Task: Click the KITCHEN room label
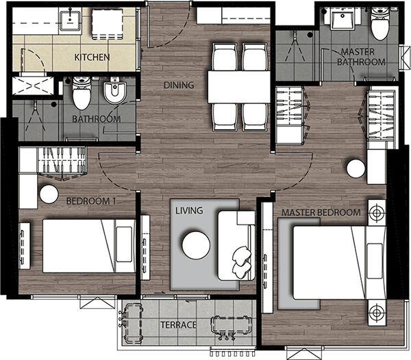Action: [92, 57]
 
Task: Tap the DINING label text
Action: [179, 85]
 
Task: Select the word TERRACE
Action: [178, 325]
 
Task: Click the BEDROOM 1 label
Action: [91, 201]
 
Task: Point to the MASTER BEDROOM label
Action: [321, 212]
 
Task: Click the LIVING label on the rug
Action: [189, 210]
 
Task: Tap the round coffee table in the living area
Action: [196, 245]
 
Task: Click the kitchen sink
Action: [70, 19]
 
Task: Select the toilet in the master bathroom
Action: [380, 23]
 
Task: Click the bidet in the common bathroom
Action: [115, 92]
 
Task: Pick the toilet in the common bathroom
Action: [82, 93]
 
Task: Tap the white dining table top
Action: [239, 87]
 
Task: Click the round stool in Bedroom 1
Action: [49, 194]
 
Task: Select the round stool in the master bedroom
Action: [356, 169]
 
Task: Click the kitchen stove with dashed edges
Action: [108, 24]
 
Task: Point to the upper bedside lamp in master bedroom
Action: [377, 213]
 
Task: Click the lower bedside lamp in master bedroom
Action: [377, 313]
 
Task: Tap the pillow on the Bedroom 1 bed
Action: [124, 244]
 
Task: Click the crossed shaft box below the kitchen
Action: [33, 86]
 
